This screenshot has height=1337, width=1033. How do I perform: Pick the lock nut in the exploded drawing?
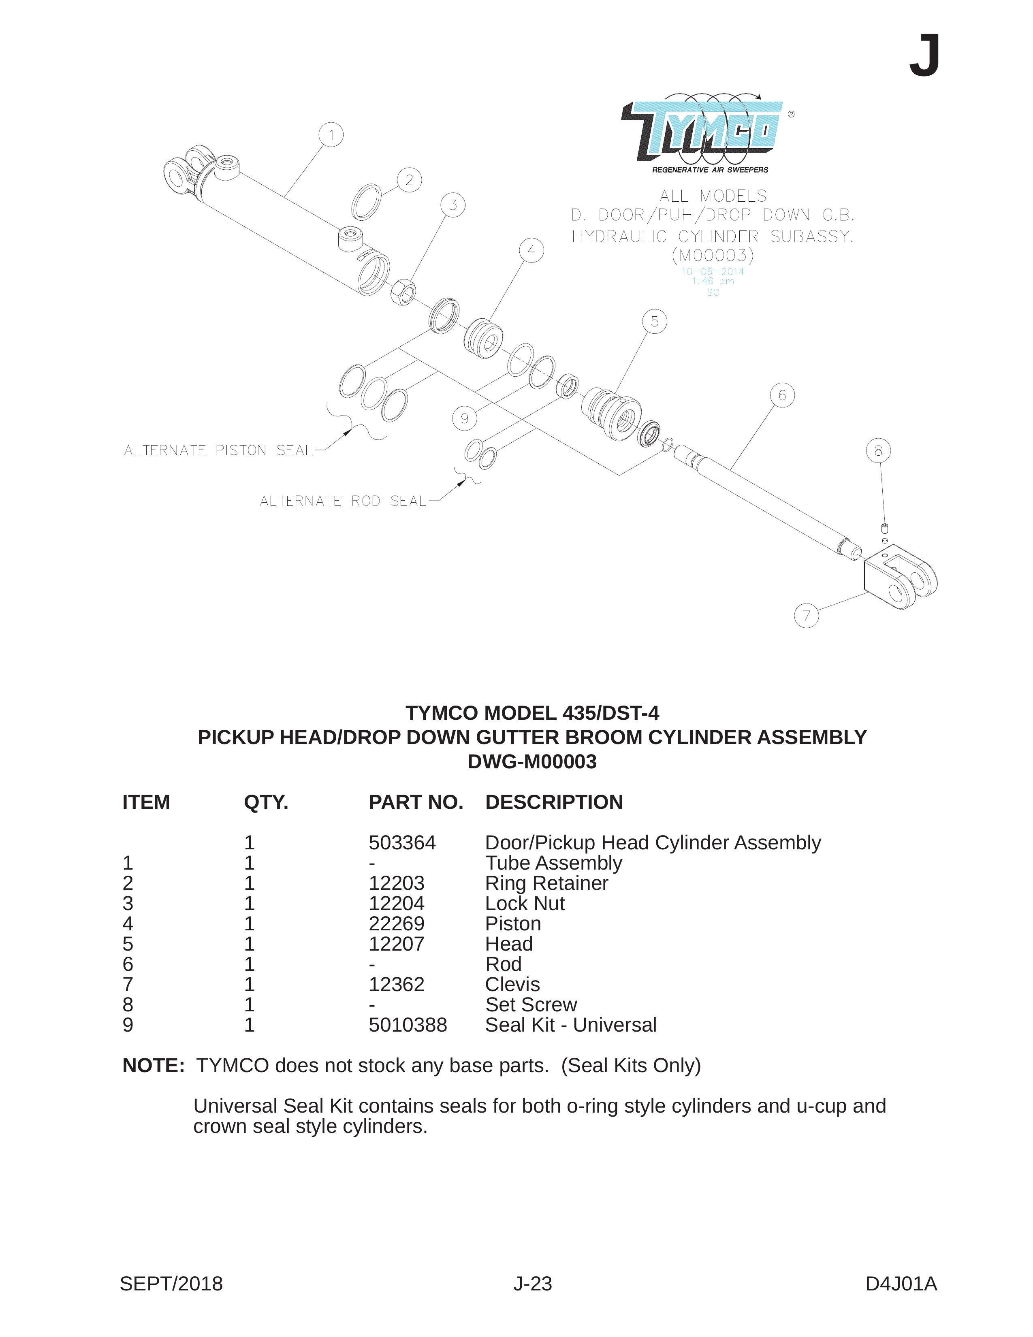coord(403,291)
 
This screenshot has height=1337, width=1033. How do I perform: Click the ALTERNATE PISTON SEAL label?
coord(218,450)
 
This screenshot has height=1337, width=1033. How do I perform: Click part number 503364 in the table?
coord(402,843)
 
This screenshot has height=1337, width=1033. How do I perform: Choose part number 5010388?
coord(408,1025)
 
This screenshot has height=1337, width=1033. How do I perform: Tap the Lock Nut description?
coord(525,904)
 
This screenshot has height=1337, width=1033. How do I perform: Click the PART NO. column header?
coord(416,802)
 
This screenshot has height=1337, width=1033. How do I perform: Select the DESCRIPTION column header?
coord(554,802)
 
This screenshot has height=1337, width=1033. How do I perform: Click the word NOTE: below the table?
coord(154,1066)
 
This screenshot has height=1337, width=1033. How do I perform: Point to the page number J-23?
coord(533,1284)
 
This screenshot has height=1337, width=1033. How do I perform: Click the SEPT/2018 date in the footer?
coord(171,1284)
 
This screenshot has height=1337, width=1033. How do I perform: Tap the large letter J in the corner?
coord(924,56)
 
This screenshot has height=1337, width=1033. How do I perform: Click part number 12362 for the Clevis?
coord(396,984)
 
